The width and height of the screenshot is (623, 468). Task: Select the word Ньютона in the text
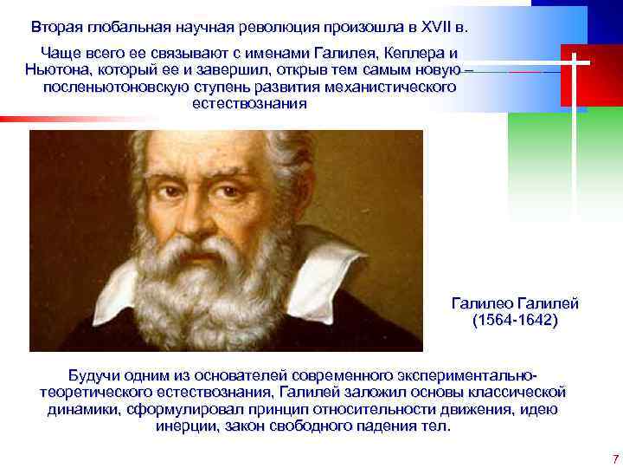58,71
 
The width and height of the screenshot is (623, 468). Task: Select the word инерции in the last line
187,426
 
